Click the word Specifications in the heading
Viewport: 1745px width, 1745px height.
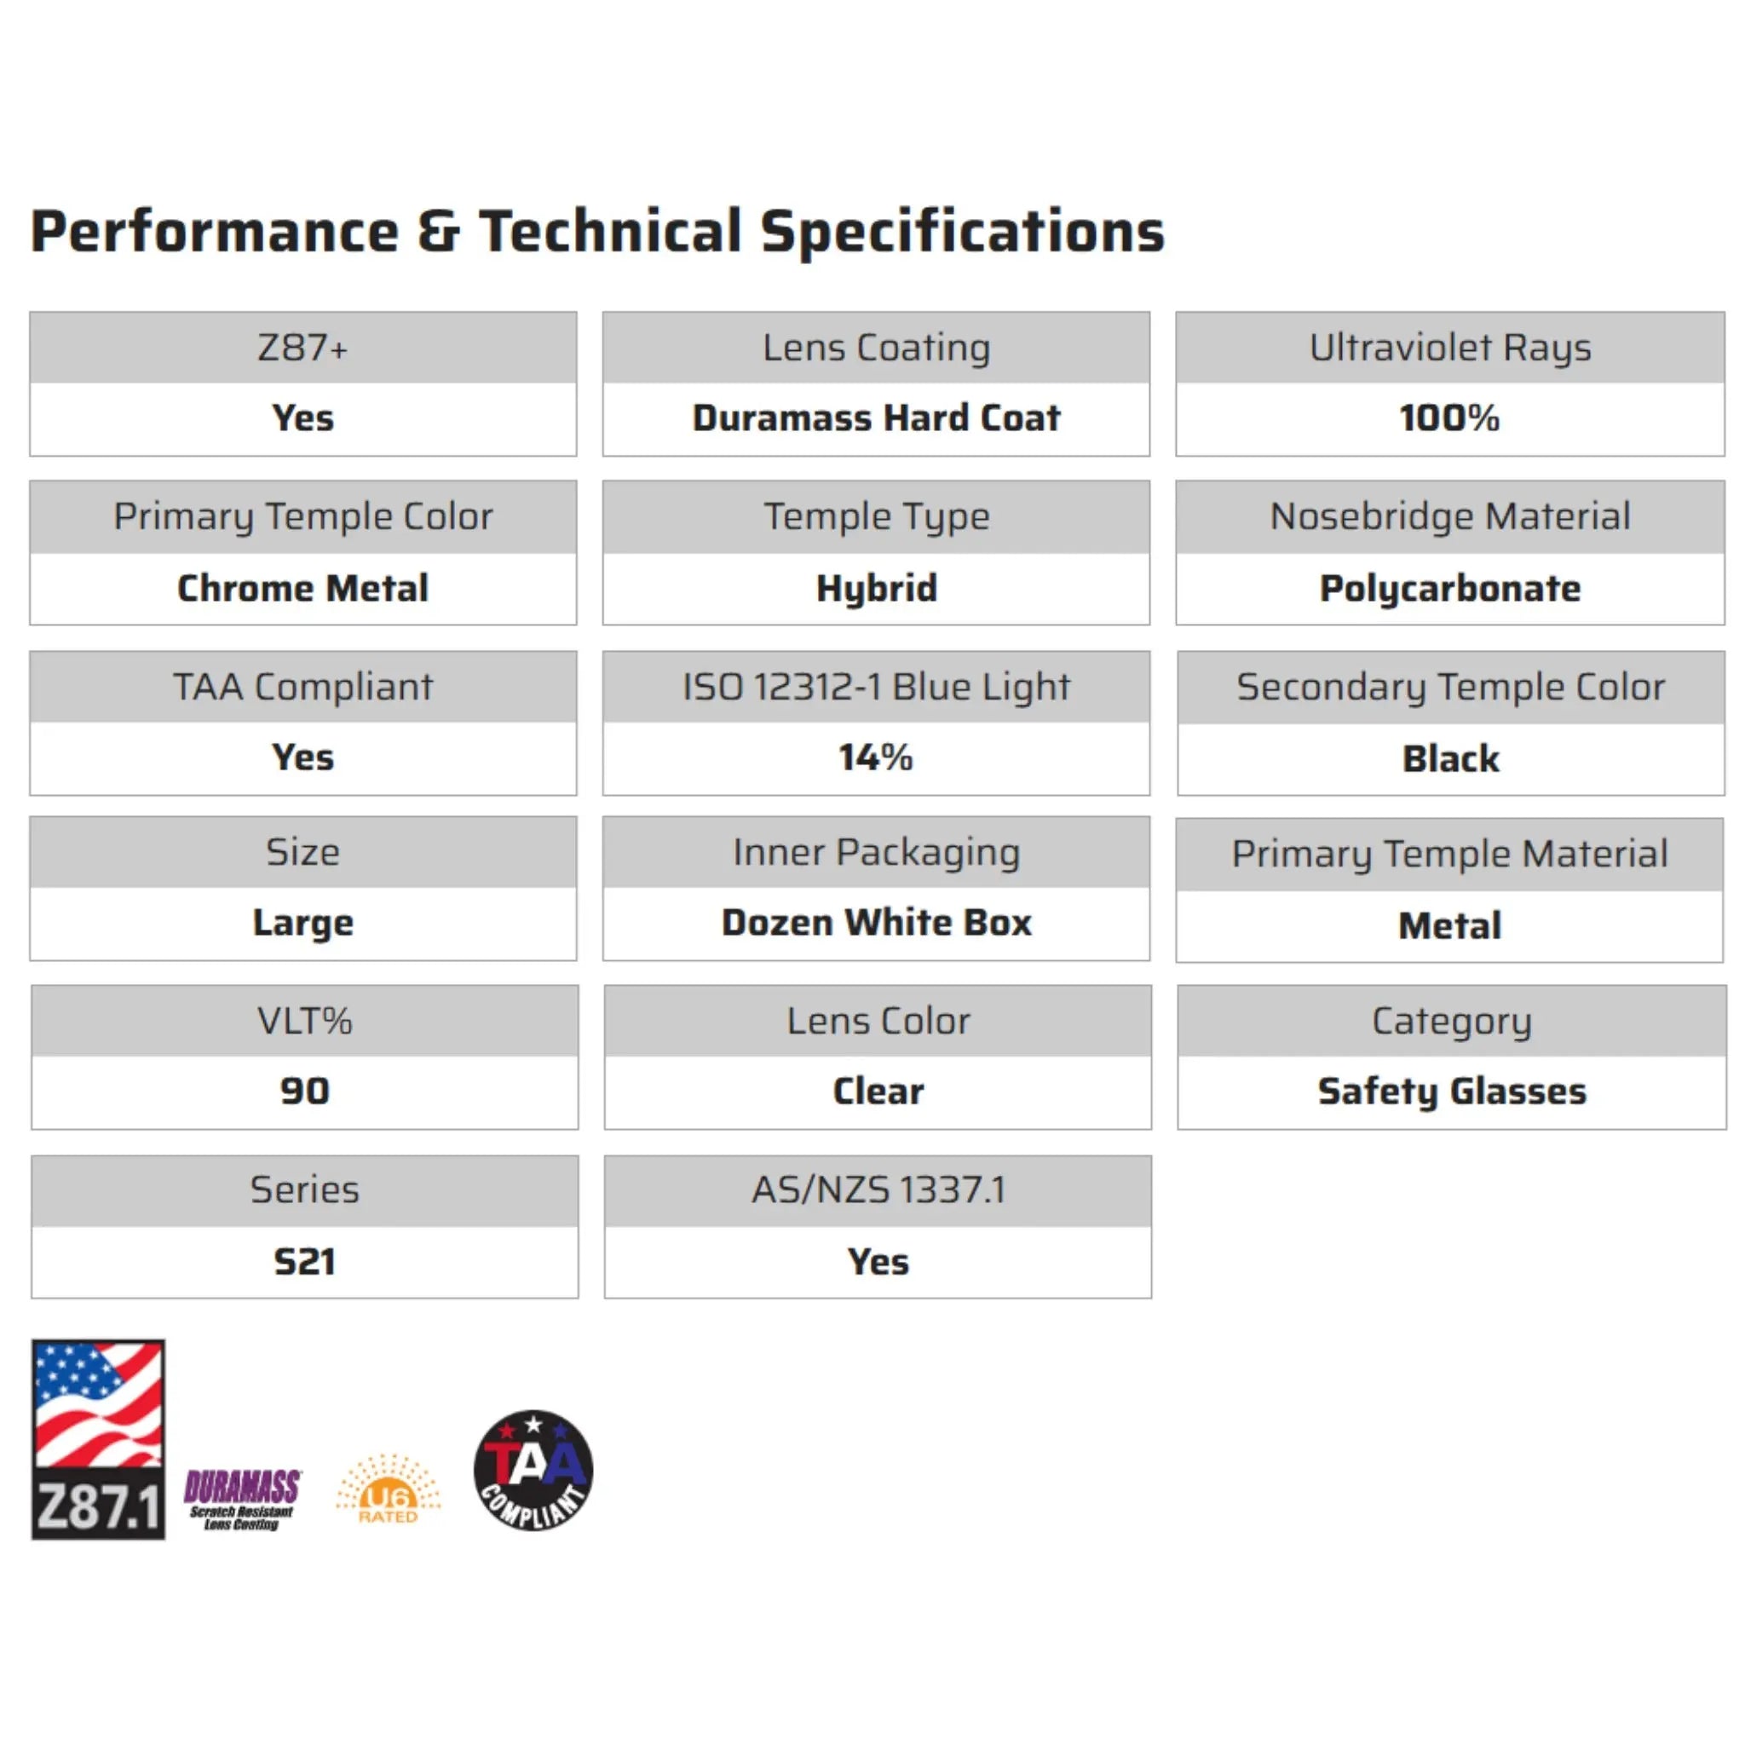[962, 232]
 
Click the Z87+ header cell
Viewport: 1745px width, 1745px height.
[302, 348]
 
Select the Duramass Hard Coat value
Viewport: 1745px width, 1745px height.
[876, 418]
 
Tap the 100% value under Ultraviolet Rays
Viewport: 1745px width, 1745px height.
[1449, 418]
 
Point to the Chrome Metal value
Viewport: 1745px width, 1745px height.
[302, 588]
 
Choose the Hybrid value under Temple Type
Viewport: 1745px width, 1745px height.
[876, 588]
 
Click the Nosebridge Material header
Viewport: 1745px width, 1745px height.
[1449, 516]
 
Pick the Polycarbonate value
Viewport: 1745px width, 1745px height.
[1449, 588]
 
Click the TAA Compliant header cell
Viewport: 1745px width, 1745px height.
[302, 687]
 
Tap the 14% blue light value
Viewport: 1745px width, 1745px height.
[876, 757]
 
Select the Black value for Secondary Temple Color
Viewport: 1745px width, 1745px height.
[1450, 758]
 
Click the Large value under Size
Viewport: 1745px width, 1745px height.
[302, 923]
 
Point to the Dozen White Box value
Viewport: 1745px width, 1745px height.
[876, 923]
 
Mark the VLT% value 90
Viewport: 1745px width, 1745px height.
[304, 1091]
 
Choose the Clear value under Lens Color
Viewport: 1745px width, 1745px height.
[878, 1091]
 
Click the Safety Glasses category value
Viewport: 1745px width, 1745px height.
[1451, 1091]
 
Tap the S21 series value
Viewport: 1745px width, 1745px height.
[304, 1261]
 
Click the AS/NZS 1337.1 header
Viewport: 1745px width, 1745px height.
[878, 1189]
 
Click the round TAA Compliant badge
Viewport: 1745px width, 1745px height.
[533, 1471]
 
